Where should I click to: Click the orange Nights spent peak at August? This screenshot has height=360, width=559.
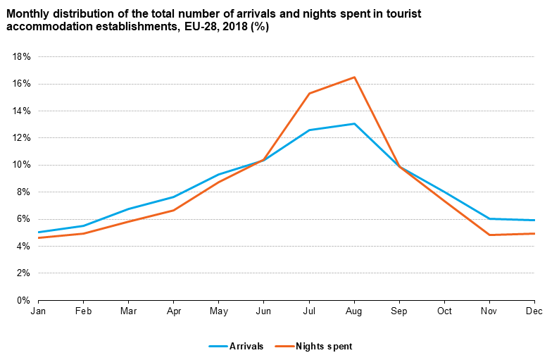pyautogui.click(x=354, y=77)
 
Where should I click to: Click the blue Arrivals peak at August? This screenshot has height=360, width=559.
pyautogui.click(x=354, y=123)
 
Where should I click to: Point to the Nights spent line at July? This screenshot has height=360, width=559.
pyautogui.click(x=309, y=93)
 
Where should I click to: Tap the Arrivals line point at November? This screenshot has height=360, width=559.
pyautogui.click(x=489, y=218)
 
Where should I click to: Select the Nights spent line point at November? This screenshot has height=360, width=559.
pyautogui.click(x=489, y=235)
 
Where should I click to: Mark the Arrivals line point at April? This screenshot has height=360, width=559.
pyautogui.click(x=173, y=197)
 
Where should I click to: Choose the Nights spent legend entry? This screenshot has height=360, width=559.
pyautogui.click(x=323, y=346)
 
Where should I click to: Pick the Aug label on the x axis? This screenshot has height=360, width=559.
pyautogui.click(x=354, y=311)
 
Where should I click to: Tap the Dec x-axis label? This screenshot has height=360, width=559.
pyautogui.click(x=534, y=311)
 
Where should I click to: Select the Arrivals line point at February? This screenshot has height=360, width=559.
pyautogui.click(x=83, y=225)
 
